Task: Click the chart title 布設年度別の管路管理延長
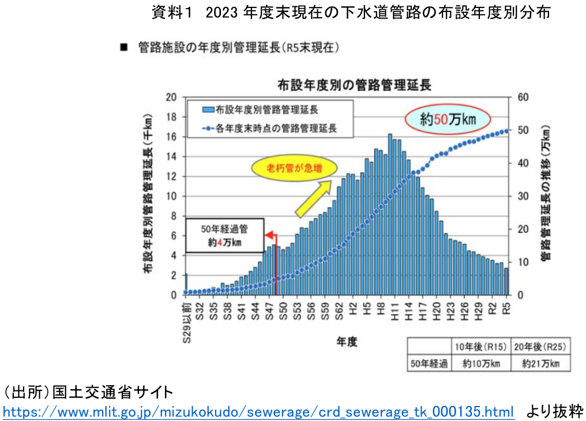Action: [354, 85]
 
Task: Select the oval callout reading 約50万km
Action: [447, 119]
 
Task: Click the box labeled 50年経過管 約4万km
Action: [224, 235]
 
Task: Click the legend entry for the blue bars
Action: [261, 110]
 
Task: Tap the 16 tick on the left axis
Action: [170, 137]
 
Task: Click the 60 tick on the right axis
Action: [523, 97]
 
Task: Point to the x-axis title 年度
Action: [347, 342]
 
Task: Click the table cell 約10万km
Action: [481, 363]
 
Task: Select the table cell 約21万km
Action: [540, 363]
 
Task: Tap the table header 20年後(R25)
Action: [540, 347]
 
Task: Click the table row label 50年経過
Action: [429, 363]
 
